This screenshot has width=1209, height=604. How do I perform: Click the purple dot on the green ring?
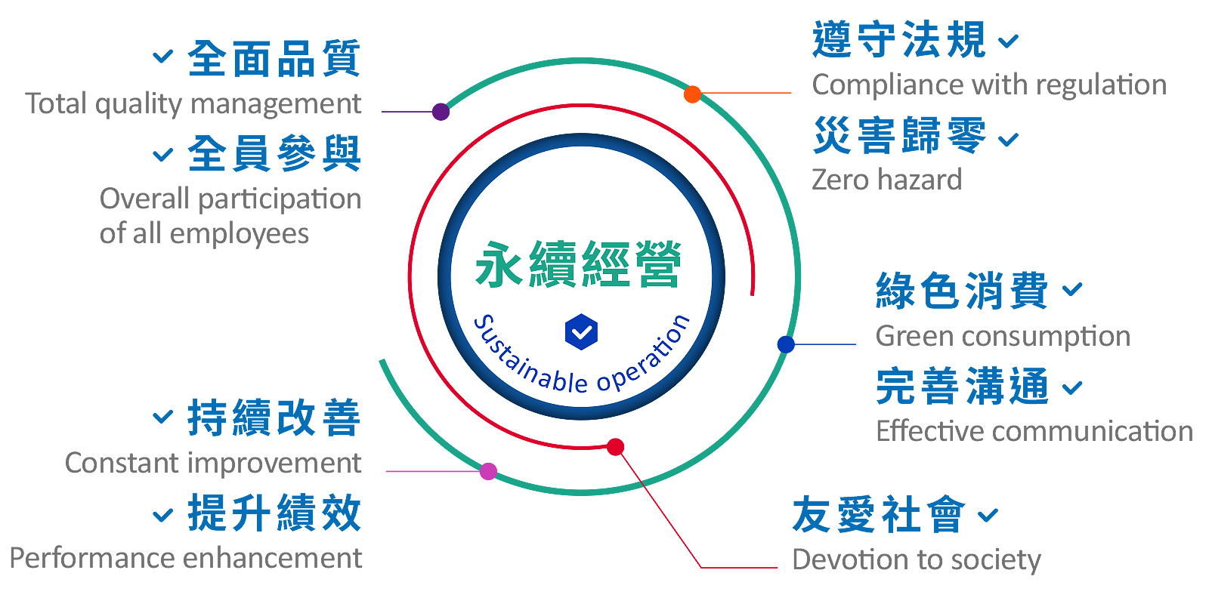click(441, 112)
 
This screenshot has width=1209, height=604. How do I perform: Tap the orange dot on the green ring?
click(692, 94)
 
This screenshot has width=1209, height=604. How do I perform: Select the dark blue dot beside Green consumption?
click(786, 344)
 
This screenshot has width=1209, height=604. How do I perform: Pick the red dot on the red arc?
click(615, 446)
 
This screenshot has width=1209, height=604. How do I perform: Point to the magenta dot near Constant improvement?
click(488, 471)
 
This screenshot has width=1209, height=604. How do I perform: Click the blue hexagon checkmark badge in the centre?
click(581, 331)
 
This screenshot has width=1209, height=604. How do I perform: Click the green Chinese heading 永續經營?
click(578, 264)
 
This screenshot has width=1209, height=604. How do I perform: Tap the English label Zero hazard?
click(887, 180)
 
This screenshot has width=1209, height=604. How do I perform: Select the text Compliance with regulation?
click(989, 85)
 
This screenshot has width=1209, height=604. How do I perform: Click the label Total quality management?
click(193, 104)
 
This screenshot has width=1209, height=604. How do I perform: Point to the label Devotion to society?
click(917, 560)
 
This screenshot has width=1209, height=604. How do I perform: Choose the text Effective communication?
click(1034, 431)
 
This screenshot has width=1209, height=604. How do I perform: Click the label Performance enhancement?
click(186, 559)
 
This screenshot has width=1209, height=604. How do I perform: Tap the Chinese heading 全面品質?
click(274, 58)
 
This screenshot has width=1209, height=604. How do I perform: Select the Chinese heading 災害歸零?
click(900, 135)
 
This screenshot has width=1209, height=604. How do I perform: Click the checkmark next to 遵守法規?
click(1008, 41)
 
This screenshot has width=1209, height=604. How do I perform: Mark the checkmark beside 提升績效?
click(162, 515)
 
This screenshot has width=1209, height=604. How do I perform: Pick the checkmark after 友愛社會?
click(988, 516)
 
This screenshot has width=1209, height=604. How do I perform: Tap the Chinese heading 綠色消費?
click(962, 291)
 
